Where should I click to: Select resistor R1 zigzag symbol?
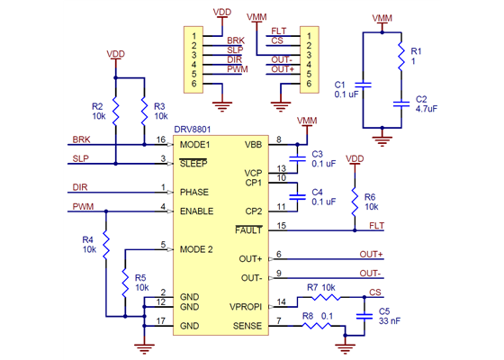click(x=401, y=58)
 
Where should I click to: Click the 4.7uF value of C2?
click(x=426, y=108)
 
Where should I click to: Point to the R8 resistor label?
click(x=308, y=316)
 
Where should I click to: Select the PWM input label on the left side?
click(x=80, y=208)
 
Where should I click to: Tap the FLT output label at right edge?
click(x=377, y=225)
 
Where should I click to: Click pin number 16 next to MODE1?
click(x=161, y=140)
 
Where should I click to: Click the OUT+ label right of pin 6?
click(x=371, y=254)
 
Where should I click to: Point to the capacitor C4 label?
click(x=317, y=192)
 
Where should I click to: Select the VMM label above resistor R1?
click(x=382, y=18)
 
